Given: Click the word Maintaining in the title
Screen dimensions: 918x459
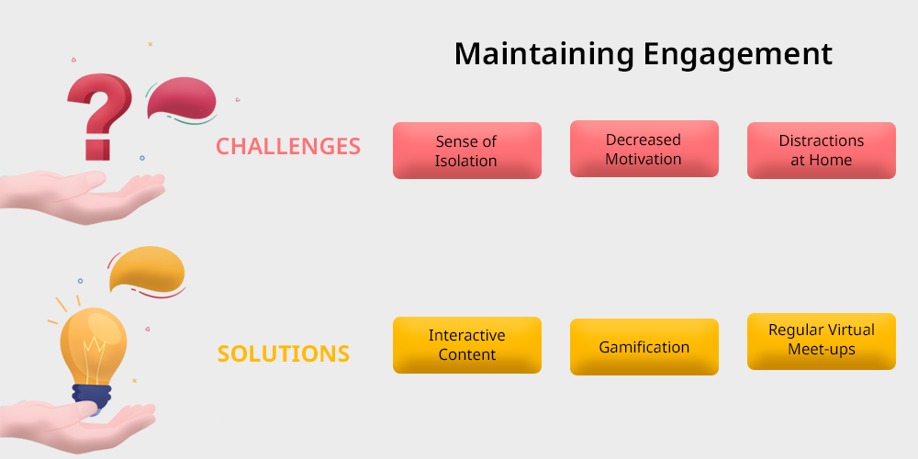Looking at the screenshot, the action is pyautogui.click(x=543, y=55).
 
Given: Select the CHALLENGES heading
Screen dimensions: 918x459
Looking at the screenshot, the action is pyautogui.click(x=288, y=146).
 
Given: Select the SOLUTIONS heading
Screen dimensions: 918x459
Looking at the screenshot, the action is pyautogui.click(x=284, y=353).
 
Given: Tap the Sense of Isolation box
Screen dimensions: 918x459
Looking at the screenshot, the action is pyautogui.click(x=466, y=151).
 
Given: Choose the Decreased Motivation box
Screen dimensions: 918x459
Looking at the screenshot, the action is pyautogui.click(x=644, y=149).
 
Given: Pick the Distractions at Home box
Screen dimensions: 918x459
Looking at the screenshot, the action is pyautogui.click(x=822, y=151).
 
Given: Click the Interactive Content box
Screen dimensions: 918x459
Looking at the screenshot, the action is pyautogui.click(x=466, y=345).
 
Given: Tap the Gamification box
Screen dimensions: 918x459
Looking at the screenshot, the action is pyautogui.click(x=644, y=347).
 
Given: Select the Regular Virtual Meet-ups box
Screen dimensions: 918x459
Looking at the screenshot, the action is pyautogui.click(x=822, y=341).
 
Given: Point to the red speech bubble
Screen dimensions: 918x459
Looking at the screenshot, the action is pyautogui.click(x=182, y=98).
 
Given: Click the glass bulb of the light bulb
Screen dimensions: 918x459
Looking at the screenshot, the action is pyautogui.click(x=93, y=346).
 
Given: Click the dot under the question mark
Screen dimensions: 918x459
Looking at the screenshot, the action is pyautogui.click(x=141, y=158).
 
